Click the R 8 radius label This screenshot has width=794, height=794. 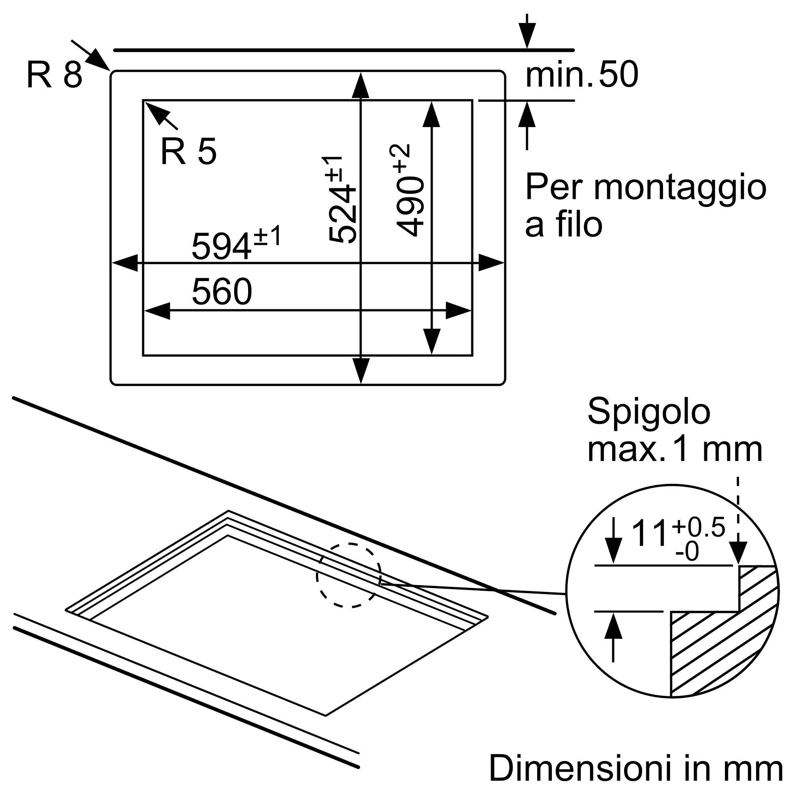55,74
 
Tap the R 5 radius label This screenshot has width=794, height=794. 189,152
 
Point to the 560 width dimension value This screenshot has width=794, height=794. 222,291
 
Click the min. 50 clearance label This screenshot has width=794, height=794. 582,74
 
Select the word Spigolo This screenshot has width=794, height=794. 649,412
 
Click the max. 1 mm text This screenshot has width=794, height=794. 675,450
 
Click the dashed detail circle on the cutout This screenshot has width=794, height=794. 349,575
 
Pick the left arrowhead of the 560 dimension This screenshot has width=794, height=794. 157,311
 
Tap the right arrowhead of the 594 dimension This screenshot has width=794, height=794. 491,262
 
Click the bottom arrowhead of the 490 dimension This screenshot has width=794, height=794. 432,341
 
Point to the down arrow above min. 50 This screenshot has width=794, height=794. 527,31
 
